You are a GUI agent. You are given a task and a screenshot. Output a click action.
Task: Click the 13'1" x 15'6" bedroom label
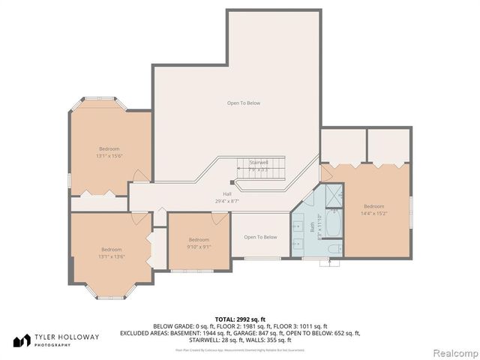(109, 152)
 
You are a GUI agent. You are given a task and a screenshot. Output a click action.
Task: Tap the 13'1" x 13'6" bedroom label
(112, 253)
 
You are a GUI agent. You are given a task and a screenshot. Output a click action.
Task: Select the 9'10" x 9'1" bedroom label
(199, 242)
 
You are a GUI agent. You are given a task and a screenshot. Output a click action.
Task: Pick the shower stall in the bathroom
(332, 199)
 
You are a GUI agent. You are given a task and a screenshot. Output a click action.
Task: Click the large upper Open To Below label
(244, 103)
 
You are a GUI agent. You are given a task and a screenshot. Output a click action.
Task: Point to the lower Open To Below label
(260, 237)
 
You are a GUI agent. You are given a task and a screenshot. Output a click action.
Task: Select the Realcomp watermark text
(452, 352)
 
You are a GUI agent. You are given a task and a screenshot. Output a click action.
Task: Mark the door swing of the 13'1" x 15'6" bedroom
(139, 175)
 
